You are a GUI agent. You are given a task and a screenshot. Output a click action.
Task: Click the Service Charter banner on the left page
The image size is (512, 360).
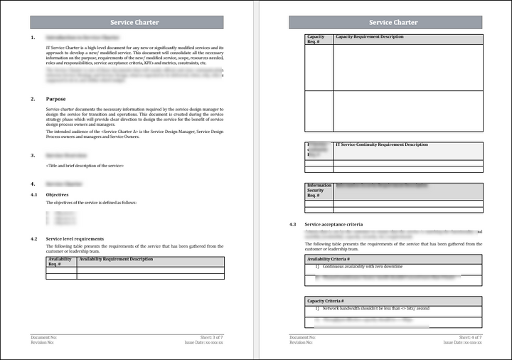[134, 22]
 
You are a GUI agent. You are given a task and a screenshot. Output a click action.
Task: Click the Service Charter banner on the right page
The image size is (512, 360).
[393, 22]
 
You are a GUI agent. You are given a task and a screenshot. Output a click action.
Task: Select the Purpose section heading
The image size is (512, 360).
[55, 99]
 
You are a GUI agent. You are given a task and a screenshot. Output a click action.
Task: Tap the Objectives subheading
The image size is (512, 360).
[57, 194]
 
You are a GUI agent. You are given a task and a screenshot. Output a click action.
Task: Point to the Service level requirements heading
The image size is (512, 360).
[75, 239]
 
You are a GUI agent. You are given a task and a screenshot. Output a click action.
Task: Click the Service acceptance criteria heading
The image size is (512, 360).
[334, 224]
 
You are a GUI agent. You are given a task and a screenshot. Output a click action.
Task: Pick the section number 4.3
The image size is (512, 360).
[292, 224]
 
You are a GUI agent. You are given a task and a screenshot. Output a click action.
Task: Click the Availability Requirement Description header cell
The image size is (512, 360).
[116, 260]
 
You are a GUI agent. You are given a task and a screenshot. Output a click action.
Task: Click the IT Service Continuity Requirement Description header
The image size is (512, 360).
[381, 145]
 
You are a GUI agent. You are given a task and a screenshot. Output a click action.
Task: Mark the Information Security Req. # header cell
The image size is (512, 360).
[319, 191]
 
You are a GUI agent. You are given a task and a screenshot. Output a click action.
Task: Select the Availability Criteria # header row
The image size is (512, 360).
[393, 260]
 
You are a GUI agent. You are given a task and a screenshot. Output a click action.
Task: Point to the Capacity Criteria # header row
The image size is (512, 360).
[393, 301]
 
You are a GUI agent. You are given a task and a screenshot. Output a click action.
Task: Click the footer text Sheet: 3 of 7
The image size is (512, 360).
[211, 337]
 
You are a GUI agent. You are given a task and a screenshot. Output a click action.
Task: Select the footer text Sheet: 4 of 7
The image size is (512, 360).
[471, 337]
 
